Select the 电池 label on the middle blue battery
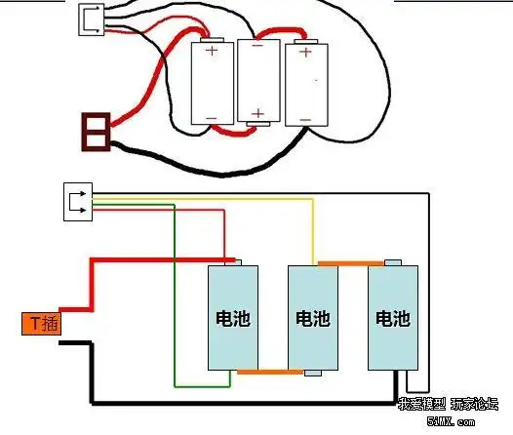click(312, 319)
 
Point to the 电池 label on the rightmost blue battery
click(393, 319)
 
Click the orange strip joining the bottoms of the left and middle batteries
click(269, 372)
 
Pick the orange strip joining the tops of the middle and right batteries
click(349, 261)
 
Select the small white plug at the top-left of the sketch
click(93, 17)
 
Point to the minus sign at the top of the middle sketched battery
click(257, 45)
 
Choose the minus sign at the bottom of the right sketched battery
click(303, 119)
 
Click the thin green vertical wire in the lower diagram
click(175, 293)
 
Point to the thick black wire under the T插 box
click(91, 371)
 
